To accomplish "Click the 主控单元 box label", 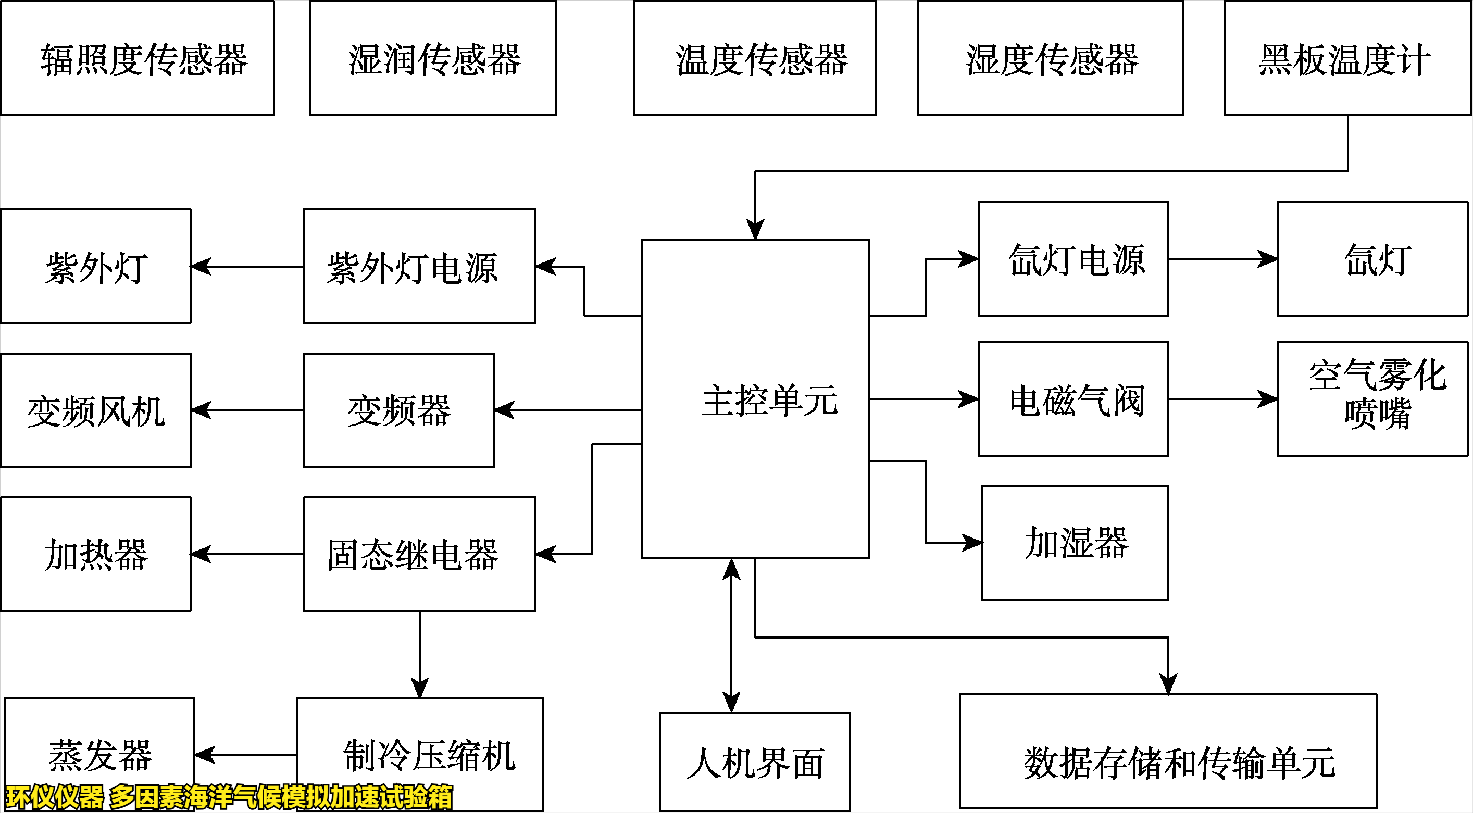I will pyautogui.click(x=769, y=400).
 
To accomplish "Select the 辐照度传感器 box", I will pyautogui.click(x=137, y=58).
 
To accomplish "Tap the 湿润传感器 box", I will pyautogui.click(x=433, y=58).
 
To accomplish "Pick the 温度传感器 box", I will pyautogui.click(x=755, y=58).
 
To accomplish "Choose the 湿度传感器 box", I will pyautogui.click(x=1051, y=58).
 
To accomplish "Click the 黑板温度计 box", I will pyautogui.click(x=1347, y=58).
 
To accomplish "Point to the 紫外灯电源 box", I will pyautogui.click(x=420, y=267).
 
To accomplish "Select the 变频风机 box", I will pyautogui.click(x=96, y=410).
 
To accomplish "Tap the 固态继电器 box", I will pyautogui.click(x=420, y=554).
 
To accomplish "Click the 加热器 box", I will pyautogui.click(x=96, y=554).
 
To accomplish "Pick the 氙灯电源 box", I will pyautogui.click(x=1073, y=259).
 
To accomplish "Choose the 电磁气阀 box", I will pyautogui.click(x=1073, y=399).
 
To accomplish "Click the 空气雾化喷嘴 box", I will pyautogui.click(x=1372, y=399).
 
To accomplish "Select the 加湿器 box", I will pyautogui.click(x=1075, y=543).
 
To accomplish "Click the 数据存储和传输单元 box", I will pyautogui.click(x=1168, y=751).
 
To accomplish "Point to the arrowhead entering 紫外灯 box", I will pyautogui.click(x=200, y=267).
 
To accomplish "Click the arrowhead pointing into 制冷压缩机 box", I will pyautogui.click(x=420, y=689).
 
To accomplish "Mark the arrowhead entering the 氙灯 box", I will pyautogui.click(x=1268, y=259).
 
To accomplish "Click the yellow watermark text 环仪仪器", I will pyautogui.click(x=55, y=797).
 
